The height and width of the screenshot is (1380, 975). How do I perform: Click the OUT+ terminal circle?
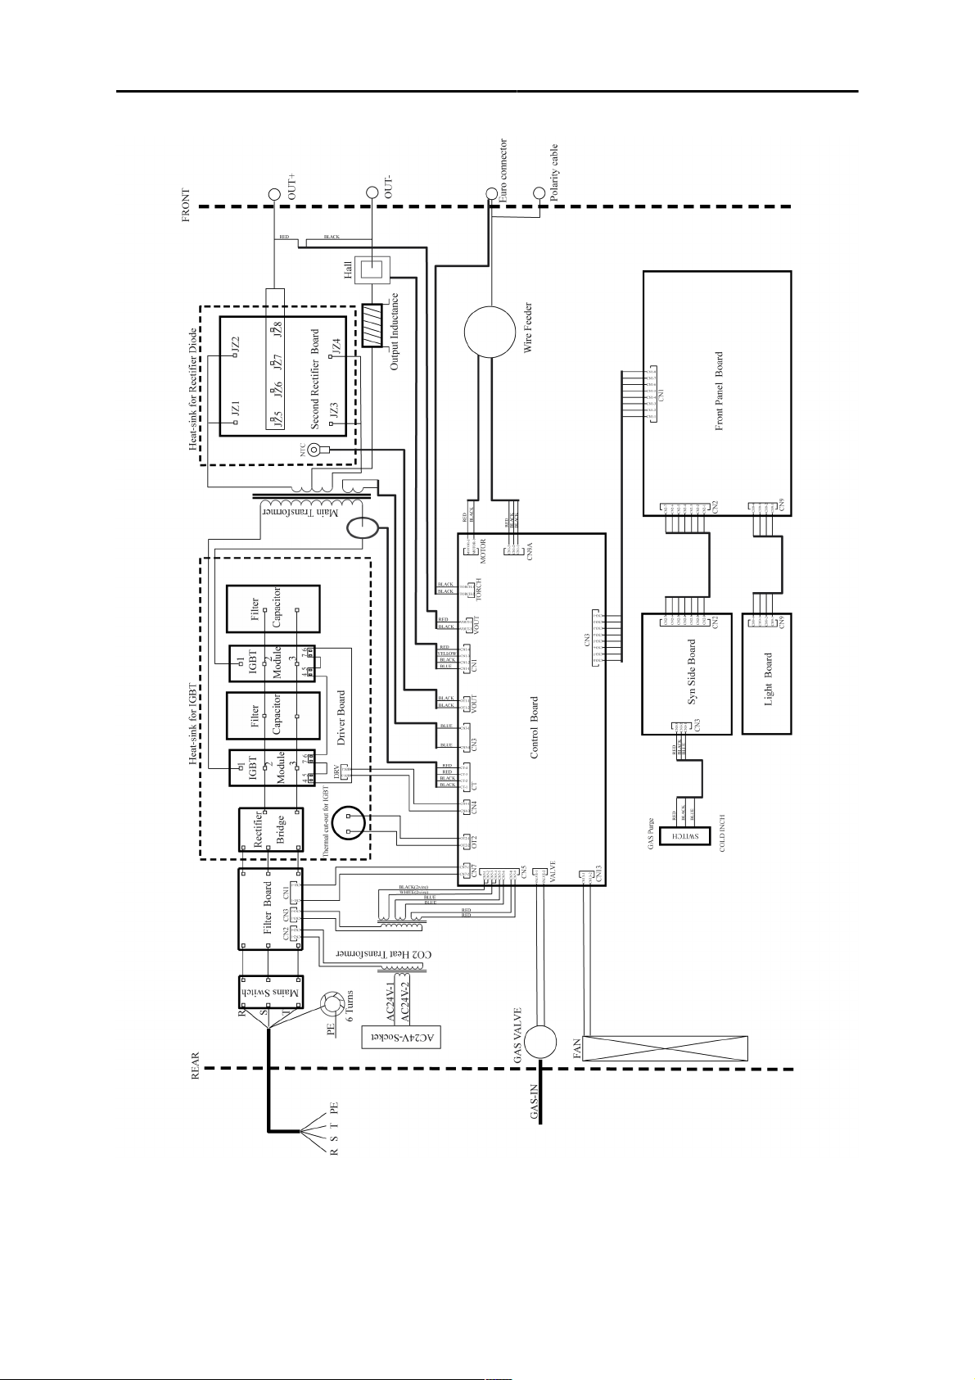pos(274,194)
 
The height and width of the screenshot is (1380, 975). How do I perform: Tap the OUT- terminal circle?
pos(372,194)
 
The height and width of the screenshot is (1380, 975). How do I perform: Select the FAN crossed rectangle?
pos(665,1047)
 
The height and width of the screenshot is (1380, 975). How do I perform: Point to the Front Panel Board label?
pos(719,391)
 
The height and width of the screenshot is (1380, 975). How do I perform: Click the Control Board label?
pos(534,727)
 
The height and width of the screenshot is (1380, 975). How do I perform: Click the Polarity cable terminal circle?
pos(539,194)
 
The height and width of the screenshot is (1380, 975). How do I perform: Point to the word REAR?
pos(196,1062)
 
